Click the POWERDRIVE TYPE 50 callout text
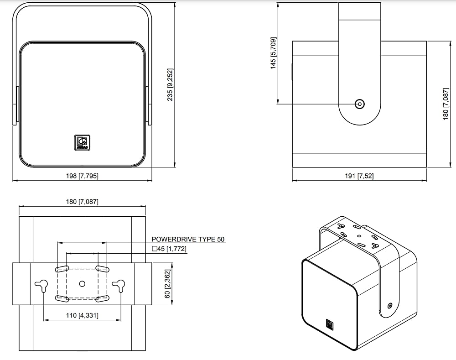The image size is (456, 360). click(x=188, y=239)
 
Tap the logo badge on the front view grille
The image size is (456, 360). click(x=82, y=143)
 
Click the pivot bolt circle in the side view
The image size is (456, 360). click(x=360, y=104)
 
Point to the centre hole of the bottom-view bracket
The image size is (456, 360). click(x=82, y=283)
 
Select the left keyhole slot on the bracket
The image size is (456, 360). click(x=42, y=285)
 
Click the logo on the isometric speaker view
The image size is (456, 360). click(x=330, y=324)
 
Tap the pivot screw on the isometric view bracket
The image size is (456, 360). click(x=390, y=306)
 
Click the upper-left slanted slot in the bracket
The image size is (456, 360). click(x=62, y=268)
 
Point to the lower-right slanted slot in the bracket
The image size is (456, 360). click(x=102, y=298)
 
